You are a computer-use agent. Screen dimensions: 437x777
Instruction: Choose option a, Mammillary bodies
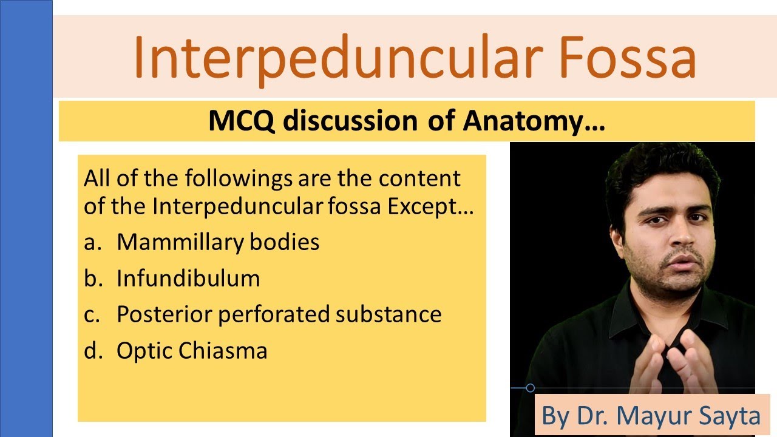click(218, 242)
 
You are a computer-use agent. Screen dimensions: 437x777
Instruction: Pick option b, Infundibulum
click(188, 279)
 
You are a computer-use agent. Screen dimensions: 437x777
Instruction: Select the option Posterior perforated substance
click(279, 314)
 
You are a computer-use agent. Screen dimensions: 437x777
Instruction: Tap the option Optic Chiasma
click(192, 351)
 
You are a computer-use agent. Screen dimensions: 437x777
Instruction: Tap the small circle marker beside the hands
click(530, 388)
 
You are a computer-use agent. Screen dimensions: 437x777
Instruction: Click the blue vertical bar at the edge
click(26, 218)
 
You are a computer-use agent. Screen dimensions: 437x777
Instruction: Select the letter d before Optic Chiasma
click(92, 351)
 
